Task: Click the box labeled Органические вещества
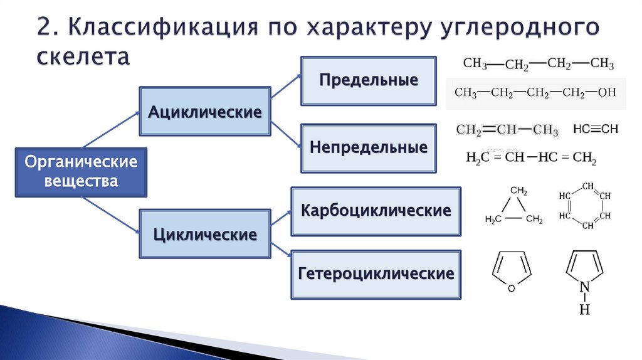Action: [x=80, y=172]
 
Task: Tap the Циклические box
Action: [x=204, y=235]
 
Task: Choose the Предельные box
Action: [x=368, y=81]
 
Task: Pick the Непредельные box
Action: [x=368, y=148]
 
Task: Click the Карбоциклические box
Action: [x=376, y=211]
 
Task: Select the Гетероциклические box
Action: [x=376, y=274]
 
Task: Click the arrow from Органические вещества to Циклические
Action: [x=111, y=215]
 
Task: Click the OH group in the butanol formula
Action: [x=607, y=93]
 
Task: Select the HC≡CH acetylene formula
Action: [x=595, y=129]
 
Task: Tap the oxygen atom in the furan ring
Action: [x=511, y=288]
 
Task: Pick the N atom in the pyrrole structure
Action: [x=584, y=287]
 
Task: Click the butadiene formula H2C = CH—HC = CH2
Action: [x=530, y=157]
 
